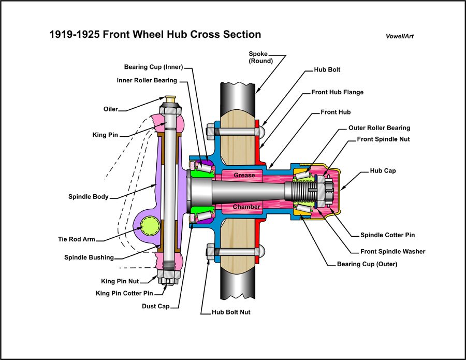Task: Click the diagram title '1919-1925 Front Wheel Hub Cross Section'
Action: (x=155, y=35)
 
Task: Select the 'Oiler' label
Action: (x=110, y=109)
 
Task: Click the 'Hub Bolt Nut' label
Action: (x=231, y=312)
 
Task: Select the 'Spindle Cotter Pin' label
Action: (x=387, y=235)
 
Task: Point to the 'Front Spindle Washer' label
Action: (x=392, y=251)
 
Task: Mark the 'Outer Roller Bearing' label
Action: (x=379, y=127)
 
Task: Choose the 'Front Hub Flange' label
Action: (x=337, y=92)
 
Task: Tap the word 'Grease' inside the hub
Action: (x=244, y=175)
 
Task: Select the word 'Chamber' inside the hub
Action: (x=246, y=207)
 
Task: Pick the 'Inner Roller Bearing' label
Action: (x=147, y=80)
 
